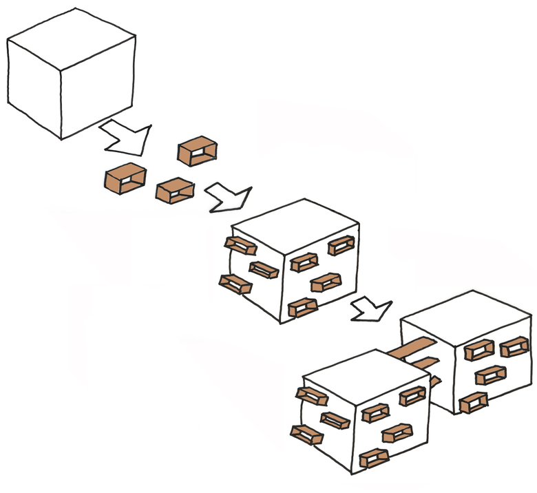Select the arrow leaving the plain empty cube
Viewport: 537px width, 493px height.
coord(127,137)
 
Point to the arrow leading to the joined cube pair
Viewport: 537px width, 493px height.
coord(372,310)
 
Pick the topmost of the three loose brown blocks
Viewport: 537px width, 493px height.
coord(198,152)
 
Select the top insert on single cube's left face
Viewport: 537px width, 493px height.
coord(239,245)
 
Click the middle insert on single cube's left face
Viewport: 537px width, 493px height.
coord(263,270)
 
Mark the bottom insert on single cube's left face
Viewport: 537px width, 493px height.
coord(235,284)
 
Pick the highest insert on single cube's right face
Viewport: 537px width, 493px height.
coord(341,245)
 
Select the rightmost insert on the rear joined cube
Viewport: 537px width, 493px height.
coord(514,347)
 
